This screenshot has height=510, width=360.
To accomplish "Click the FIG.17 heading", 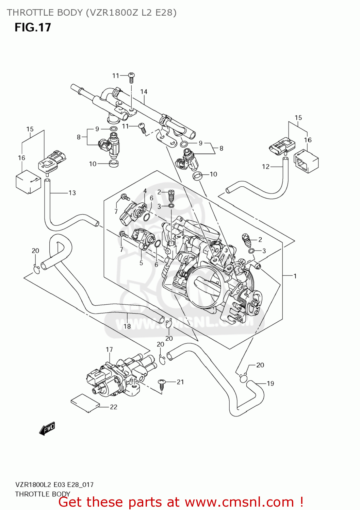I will click(x=33, y=28).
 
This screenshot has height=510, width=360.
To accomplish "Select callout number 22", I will click(x=114, y=407).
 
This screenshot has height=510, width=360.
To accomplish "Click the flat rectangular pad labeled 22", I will click(x=85, y=403).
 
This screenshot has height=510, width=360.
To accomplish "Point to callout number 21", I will click(x=180, y=382).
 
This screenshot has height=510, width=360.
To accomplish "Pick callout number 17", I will click(x=109, y=350).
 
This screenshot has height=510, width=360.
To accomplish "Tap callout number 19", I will click(x=270, y=384).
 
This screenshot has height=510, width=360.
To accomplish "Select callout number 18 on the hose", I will click(x=127, y=326).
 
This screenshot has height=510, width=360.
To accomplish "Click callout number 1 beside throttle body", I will click(x=295, y=276).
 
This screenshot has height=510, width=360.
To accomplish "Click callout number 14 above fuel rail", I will click(x=144, y=92).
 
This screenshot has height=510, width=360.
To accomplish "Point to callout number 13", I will click(x=72, y=193).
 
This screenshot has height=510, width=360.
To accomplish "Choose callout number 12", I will click(x=266, y=167).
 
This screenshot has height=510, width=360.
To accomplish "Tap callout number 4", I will click(x=145, y=191).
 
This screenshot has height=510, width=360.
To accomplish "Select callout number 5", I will click(x=141, y=263).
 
